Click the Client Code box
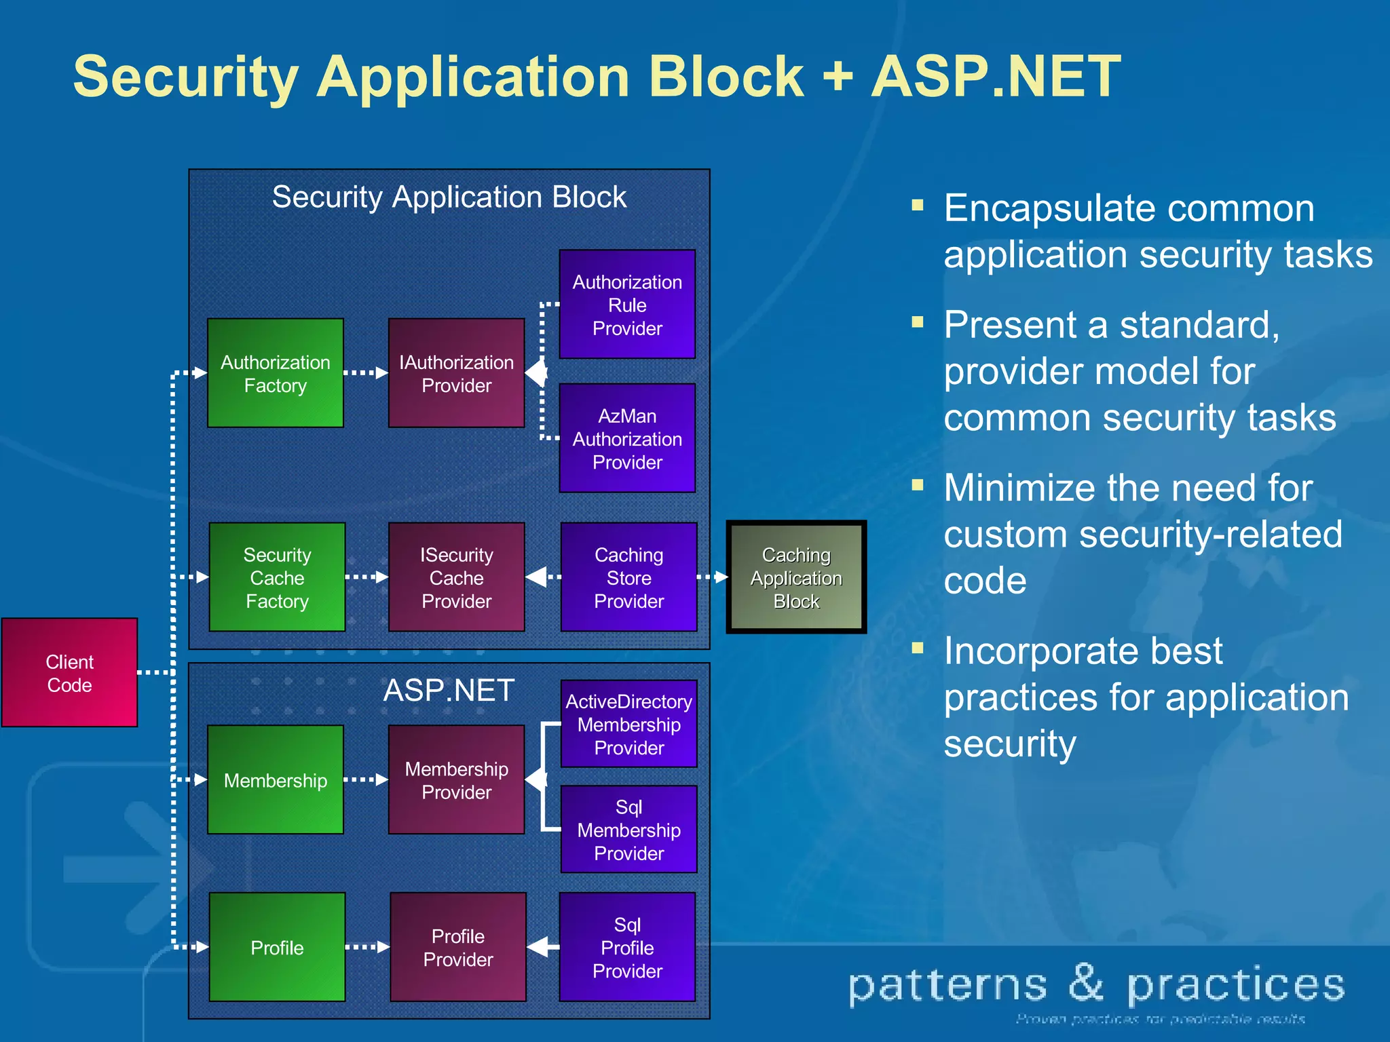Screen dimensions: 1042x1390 tap(69, 672)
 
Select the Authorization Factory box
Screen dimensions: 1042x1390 tap(276, 373)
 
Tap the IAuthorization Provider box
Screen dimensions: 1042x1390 tap(456, 373)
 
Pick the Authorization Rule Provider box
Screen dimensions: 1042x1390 tap(627, 305)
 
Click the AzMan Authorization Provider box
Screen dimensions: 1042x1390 tap(627, 438)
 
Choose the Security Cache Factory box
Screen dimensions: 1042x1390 tap(277, 577)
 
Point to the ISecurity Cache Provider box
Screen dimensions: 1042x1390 tap(456, 577)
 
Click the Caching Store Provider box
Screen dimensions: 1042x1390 tap(628, 577)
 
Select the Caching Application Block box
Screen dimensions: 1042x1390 tap(796, 577)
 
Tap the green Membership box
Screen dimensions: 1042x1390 tap(276, 780)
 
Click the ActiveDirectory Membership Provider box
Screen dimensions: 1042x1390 tap(628, 724)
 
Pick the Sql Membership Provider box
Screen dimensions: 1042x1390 tap(628, 829)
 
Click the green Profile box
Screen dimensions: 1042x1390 tap(277, 947)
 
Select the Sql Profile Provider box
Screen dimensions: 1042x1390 tap(627, 947)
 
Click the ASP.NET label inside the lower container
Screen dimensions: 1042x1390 tap(449, 691)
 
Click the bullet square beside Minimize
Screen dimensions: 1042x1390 tap(918, 484)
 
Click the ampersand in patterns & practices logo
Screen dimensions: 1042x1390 tap(1086, 983)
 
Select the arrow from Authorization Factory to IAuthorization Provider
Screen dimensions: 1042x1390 tap(366, 373)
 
